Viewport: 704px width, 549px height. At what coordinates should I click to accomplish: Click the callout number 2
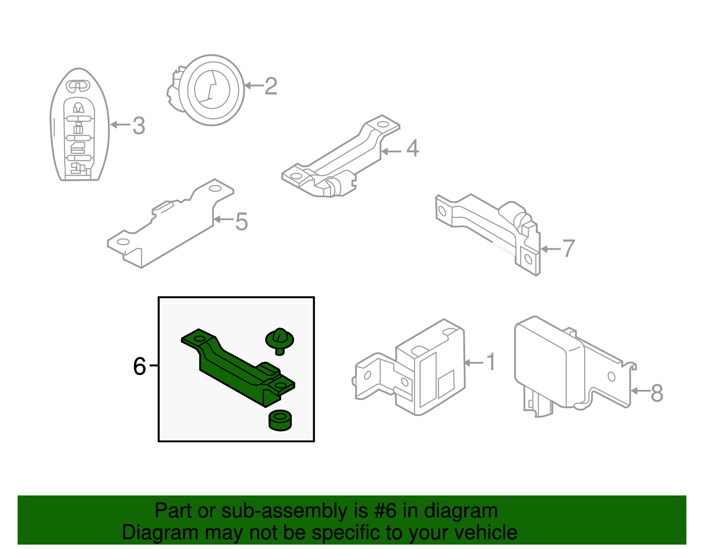coord(271,86)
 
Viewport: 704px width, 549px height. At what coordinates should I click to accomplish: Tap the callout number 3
coord(139,126)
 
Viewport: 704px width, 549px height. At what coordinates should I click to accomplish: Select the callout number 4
coord(412,149)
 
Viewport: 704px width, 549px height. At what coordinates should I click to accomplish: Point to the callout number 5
coord(242,222)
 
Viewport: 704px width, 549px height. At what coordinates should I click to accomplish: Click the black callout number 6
coord(139,366)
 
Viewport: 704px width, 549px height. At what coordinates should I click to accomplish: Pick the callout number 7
coord(568,248)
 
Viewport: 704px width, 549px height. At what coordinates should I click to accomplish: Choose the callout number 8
coord(656,393)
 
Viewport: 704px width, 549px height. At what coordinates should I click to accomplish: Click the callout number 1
coord(491,362)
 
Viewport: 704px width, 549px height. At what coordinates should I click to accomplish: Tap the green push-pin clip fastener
coord(279,342)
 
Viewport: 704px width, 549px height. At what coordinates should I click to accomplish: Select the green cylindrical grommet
coord(280,421)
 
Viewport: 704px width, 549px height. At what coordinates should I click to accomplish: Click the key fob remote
coord(80,124)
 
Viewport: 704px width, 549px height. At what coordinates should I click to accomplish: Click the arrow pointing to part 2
coord(254,86)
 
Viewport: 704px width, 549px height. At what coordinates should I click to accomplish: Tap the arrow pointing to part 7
coord(551,249)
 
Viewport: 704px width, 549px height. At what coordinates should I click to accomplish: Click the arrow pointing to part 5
coord(224,219)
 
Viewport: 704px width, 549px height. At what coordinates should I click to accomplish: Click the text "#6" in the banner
coord(385,511)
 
